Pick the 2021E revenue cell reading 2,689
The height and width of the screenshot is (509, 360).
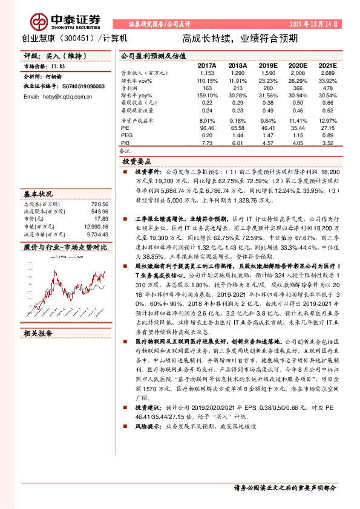pyautogui.click(x=328, y=72)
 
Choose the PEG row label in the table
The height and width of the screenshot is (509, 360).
pyautogui.click(x=126, y=136)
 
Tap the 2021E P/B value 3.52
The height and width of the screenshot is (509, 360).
pyautogui.click(x=328, y=144)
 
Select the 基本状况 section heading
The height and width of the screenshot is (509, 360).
pyautogui.click(x=38, y=195)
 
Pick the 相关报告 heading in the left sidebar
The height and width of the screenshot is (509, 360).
pyautogui.click(x=38, y=332)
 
